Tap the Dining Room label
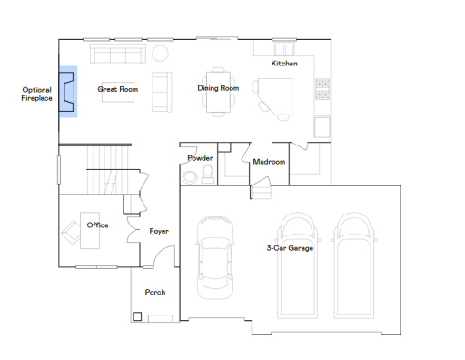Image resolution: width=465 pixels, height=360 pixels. tap(218, 88)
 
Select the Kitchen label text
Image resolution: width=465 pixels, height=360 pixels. tap(283, 64)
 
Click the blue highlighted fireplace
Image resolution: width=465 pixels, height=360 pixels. tap(67, 92)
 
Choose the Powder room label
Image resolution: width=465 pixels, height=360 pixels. tap(200, 158)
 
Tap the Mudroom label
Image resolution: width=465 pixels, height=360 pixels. tap(269, 162)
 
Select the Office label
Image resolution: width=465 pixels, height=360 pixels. tap(97, 225)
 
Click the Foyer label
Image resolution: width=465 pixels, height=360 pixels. tap(159, 231)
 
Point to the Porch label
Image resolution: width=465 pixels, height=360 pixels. tap(154, 292)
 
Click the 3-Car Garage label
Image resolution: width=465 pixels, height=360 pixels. tap(291, 247)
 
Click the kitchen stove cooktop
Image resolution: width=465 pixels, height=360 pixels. tap(322, 88)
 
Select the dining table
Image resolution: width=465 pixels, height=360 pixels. tap(218, 94)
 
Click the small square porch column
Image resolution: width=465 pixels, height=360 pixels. tap(137, 316)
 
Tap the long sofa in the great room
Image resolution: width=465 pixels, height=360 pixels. tap(116, 55)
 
